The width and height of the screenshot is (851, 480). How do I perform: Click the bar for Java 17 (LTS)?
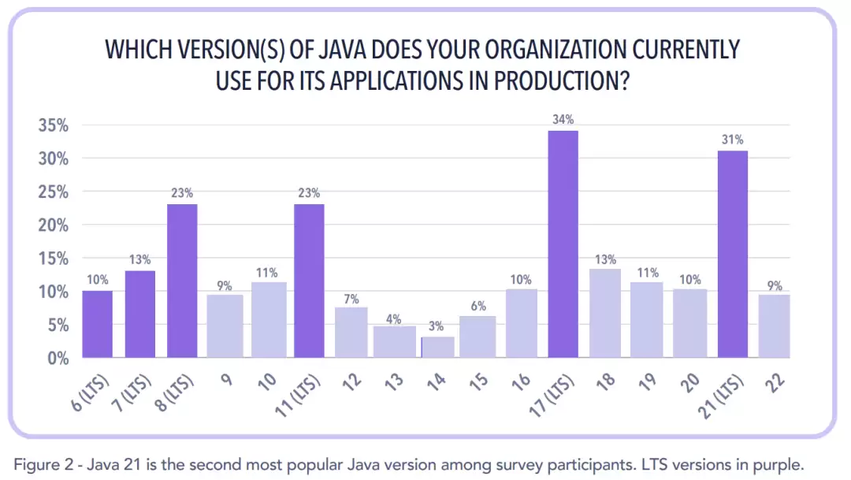tap(563, 244)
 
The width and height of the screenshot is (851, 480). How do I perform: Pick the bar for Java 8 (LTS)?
tap(182, 281)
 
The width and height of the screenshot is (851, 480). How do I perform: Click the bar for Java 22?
tap(775, 326)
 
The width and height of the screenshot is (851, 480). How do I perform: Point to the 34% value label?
tap(563, 120)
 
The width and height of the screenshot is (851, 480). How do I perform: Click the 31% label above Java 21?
tap(733, 140)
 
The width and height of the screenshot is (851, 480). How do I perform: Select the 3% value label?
tap(436, 326)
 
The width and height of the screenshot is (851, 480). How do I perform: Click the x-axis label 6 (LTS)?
tap(84, 392)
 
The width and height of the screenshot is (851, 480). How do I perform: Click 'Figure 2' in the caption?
tap(37, 463)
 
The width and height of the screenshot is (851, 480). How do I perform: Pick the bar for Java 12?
tap(351, 332)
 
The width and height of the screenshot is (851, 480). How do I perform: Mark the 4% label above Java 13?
tap(393, 319)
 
